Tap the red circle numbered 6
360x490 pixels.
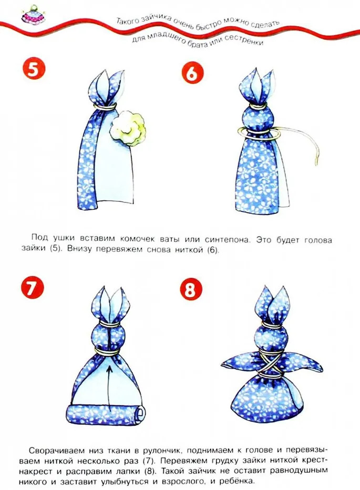(x=192, y=74)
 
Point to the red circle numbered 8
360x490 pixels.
(x=191, y=290)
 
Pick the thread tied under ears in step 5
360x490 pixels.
(x=106, y=107)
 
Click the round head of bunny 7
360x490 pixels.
(x=108, y=337)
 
